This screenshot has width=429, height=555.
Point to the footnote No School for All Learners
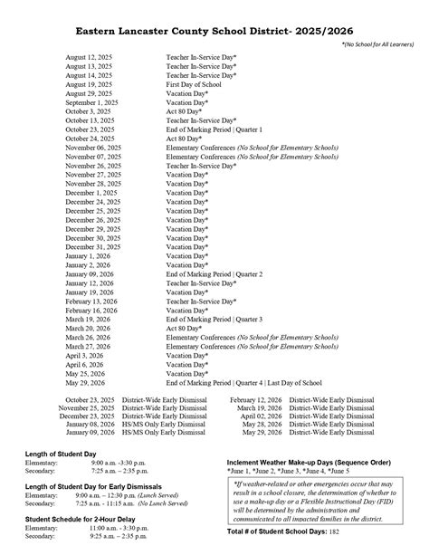378,43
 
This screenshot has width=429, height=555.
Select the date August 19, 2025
89,84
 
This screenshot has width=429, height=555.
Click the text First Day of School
195,84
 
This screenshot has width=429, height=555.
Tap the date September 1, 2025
92,102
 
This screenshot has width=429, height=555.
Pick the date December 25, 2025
91,210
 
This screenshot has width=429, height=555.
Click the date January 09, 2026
90,273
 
